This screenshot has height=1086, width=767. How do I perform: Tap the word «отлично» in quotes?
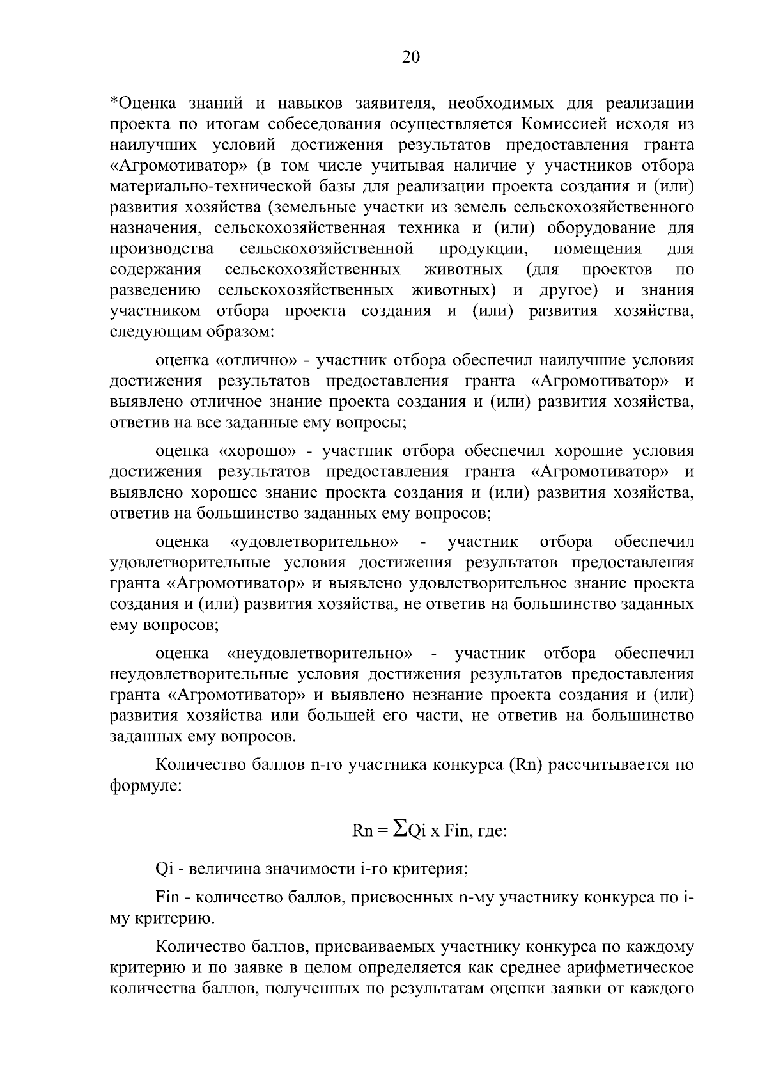coord(257,361)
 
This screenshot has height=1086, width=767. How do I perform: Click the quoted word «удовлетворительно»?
coord(314,542)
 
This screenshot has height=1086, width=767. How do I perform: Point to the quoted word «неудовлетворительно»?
coord(320,654)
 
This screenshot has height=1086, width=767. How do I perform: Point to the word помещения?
coord(598,248)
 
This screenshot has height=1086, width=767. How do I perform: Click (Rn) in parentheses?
coord(526,765)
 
